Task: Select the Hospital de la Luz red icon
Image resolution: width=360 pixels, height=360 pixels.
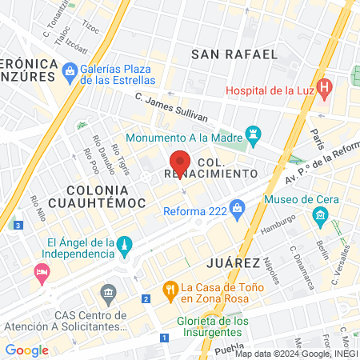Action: coord(324,87)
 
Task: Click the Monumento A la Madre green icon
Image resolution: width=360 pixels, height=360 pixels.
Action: coord(254,134)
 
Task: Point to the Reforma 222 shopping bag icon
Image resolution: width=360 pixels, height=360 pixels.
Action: coord(237,210)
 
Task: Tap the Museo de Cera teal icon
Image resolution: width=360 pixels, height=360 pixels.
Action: coord(321,214)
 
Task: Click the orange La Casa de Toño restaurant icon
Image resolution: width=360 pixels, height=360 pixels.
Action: coord(169,289)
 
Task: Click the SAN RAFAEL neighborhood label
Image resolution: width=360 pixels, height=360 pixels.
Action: coord(234,54)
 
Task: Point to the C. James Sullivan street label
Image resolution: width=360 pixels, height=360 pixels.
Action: coord(167,107)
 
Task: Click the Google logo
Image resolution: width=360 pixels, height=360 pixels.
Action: coord(26,350)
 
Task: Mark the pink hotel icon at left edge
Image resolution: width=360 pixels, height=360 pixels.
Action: coord(42,275)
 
